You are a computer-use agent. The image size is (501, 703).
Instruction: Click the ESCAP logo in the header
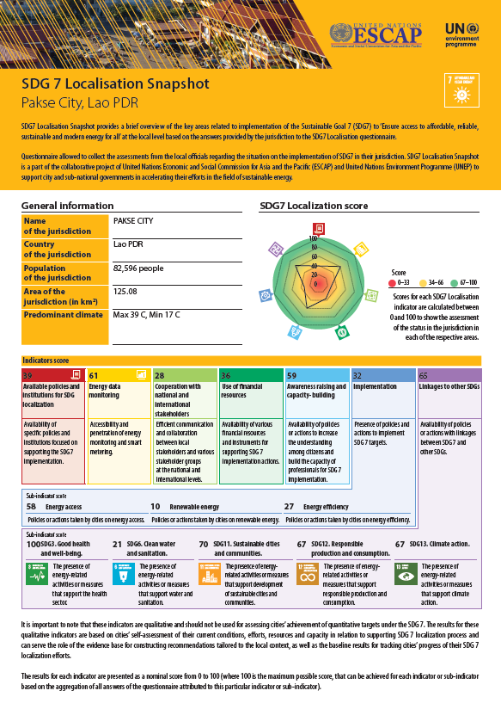pyautogui.click(x=375, y=34)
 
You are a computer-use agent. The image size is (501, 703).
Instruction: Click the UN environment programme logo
pyautogui.click(x=461, y=34)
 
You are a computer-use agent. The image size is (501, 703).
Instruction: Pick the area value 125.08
pyautogui.click(x=125, y=293)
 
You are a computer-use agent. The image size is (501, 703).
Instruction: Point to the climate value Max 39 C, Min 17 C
pyautogui.click(x=147, y=315)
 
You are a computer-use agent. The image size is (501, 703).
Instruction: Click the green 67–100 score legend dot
pyautogui.click(x=454, y=281)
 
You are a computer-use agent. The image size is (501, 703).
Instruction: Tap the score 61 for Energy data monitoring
pyautogui.click(x=95, y=376)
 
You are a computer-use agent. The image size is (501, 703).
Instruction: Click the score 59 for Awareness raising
pyautogui.click(x=292, y=376)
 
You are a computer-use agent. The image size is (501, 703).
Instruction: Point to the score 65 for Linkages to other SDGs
pyautogui.click(x=423, y=376)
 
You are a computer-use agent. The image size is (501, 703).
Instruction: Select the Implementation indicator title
pyautogui.click(x=375, y=387)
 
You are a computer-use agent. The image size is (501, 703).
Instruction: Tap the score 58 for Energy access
pyautogui.click(x=31, y=507)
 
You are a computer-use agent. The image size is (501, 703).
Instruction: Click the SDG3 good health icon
pyautogui.click(x=38, y=574)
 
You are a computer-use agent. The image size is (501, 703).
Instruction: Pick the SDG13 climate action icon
pyautogui.click(x=406, y=574)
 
